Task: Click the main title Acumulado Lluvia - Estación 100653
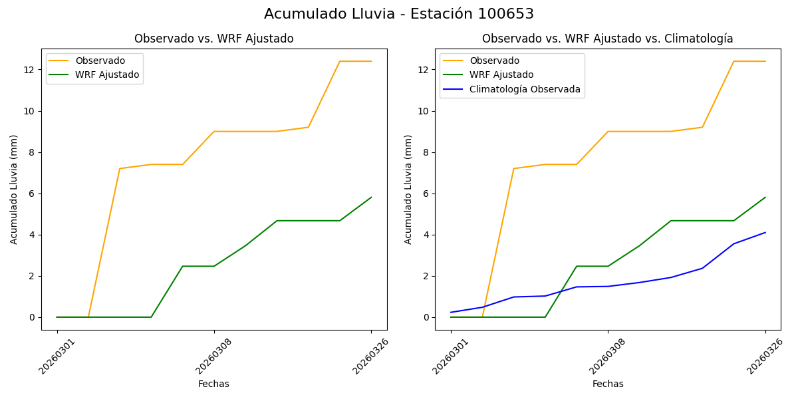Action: [398, 14]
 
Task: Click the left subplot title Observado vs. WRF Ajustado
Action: [213, 39]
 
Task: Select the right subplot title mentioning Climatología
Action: [607, 39]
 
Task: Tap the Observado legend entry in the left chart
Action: [100, 61]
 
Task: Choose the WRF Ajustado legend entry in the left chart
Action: [107, 74]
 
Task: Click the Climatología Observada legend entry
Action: [525, 89]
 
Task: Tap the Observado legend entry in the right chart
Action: [494, 61]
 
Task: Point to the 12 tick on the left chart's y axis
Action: [29, 70]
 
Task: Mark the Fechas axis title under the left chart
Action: [213, 384]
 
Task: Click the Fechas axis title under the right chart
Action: [608, 384]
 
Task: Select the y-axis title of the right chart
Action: [408, 189]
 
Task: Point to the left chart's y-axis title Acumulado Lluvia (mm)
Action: [14, 189]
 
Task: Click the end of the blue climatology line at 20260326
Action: [765, 232]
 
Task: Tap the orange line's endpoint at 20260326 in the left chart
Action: [371, 61]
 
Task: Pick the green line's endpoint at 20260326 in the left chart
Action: [371, 197]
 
